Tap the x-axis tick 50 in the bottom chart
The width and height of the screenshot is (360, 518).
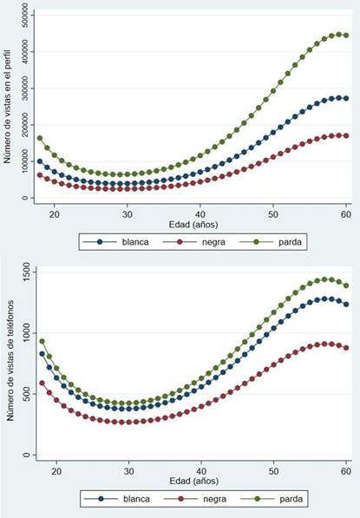pyautogui.click(x=274, y=469)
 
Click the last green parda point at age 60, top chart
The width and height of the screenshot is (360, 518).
pyautogui.click(x=346, y=36)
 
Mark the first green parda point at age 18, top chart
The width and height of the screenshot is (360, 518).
pyautogui.click(x=40, y=138)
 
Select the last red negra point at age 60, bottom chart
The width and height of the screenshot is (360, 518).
pyautogui.click(x=346, y=348)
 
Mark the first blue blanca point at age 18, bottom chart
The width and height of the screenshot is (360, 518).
pyautogui.click(x=40, y=354)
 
